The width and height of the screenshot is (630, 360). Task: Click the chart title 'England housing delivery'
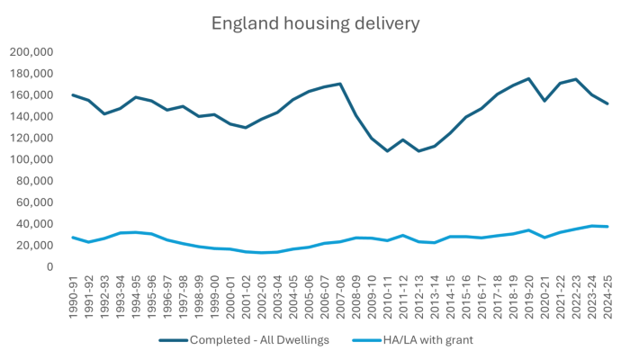coord(314,22)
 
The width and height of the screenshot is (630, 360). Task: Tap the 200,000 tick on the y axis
coord(31,52)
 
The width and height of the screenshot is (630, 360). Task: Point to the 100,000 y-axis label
coord(31,159)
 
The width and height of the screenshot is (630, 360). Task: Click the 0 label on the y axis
coord(50,267)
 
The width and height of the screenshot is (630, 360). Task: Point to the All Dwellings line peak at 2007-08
coord(339,84)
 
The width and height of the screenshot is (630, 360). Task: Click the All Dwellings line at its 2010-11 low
coord(386,151)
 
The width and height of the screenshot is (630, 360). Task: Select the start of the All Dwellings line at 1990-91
coord(73,94)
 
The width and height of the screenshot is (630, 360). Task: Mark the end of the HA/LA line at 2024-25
coord(606,226)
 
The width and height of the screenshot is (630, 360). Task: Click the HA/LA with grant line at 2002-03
coord(261,253)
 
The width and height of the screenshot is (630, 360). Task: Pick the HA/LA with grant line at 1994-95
coord(135,232)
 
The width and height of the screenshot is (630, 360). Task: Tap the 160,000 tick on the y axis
coord(31,95)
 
